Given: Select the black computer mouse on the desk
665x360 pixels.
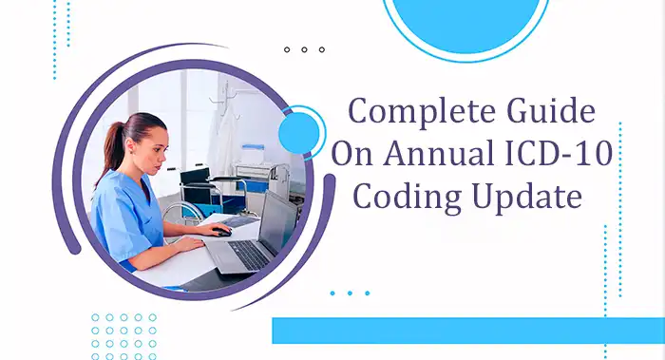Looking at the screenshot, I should coord(220,231).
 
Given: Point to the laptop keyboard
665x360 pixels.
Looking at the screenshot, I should coord(249,253).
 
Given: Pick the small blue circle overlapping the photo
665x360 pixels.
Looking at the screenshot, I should coord(301,130).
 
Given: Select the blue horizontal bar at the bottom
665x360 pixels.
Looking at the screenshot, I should coord(467,331).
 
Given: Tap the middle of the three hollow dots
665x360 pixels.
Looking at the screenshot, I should coord(304,49).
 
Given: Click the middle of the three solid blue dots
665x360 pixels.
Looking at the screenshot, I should coord(350,293).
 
